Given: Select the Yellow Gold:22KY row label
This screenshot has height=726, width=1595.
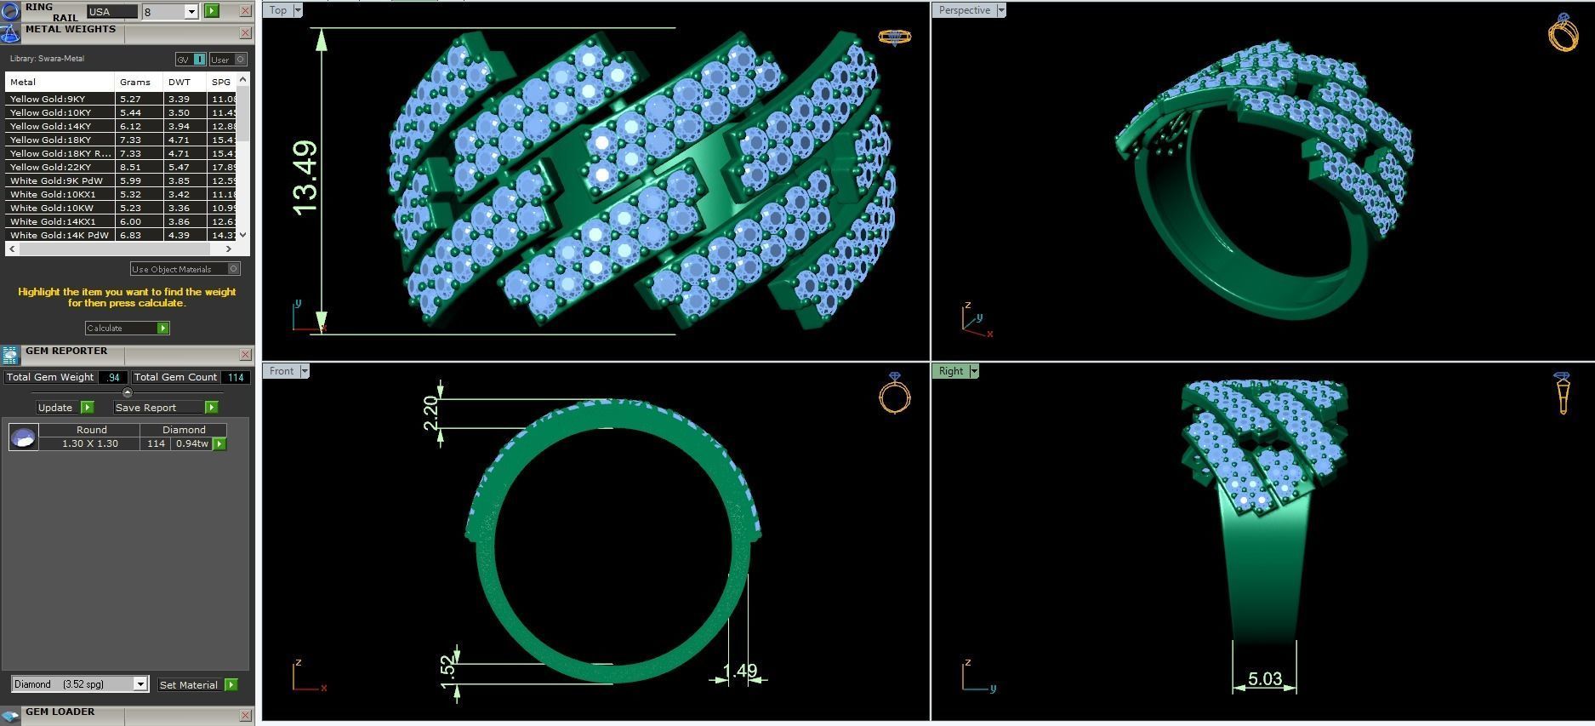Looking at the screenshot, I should (50, 167).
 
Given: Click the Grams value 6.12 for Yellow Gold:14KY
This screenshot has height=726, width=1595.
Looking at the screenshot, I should (130, 126).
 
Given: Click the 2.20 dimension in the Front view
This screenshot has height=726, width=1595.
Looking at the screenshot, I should (430, 414).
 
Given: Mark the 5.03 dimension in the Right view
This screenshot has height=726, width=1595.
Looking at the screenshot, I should (1264, 679).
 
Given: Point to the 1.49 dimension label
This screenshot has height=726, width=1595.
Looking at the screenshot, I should (739, 672).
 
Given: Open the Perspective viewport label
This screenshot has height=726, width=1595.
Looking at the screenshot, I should (964, 10).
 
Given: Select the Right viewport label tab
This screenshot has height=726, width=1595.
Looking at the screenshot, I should (950, 371).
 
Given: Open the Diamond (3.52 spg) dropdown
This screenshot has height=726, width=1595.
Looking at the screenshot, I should (80, 684).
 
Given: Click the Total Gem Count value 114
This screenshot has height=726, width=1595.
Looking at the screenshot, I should (236, 377).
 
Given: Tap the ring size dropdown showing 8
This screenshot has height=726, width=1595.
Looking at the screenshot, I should (170, 11).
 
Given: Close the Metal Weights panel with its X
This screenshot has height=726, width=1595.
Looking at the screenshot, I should (245, 33).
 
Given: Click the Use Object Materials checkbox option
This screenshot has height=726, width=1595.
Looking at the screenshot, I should (185, 269).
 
